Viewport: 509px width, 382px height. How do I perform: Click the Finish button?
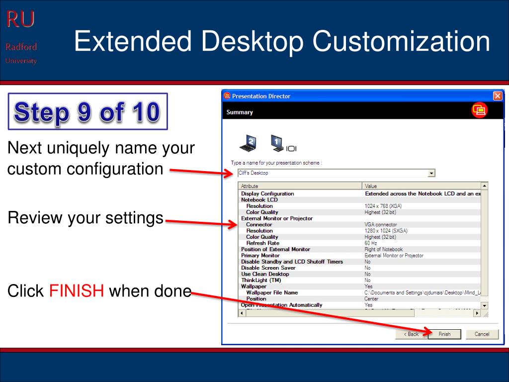(x=444, y=334)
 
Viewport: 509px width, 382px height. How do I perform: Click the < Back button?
(x=411, y=334)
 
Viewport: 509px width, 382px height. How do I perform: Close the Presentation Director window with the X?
(x=497, y=96)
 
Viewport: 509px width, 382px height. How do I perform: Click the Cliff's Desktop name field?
(x=331, y=173)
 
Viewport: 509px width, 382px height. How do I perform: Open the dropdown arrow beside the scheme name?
(x=431, y=173)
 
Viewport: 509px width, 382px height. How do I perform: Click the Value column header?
(x=420, y=186)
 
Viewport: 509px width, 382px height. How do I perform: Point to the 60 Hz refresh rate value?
(x=371, y=243)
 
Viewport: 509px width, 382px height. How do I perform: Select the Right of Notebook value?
(x=383, y=249)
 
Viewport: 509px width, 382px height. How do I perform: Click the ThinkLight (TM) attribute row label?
(x=261, y=280)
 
